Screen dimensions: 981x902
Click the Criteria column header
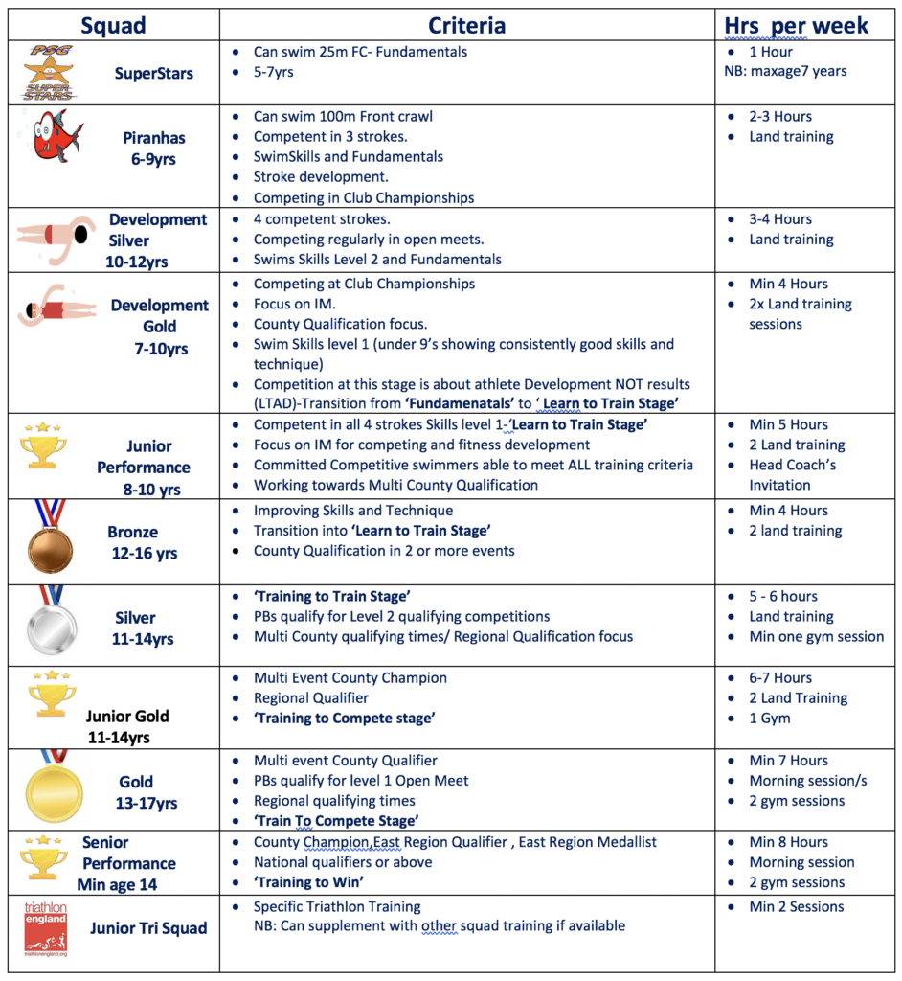(466, 25)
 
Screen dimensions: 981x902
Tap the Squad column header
(113, 25)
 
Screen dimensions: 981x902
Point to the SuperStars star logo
(48, 72)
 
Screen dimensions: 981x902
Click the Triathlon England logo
(46, 927)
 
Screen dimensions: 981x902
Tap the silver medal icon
(49, 623)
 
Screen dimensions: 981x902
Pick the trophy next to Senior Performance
(44, 858)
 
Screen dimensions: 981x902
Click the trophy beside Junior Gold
(52, 696)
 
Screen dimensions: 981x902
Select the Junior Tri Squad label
(148, 927)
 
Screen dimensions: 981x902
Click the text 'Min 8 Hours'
(788, 842)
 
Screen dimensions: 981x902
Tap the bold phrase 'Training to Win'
(308, 882)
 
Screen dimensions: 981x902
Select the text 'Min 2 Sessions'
(796, 906)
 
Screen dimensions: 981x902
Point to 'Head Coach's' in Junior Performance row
(792, 465)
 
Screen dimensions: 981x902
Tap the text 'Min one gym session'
(816, 636)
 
